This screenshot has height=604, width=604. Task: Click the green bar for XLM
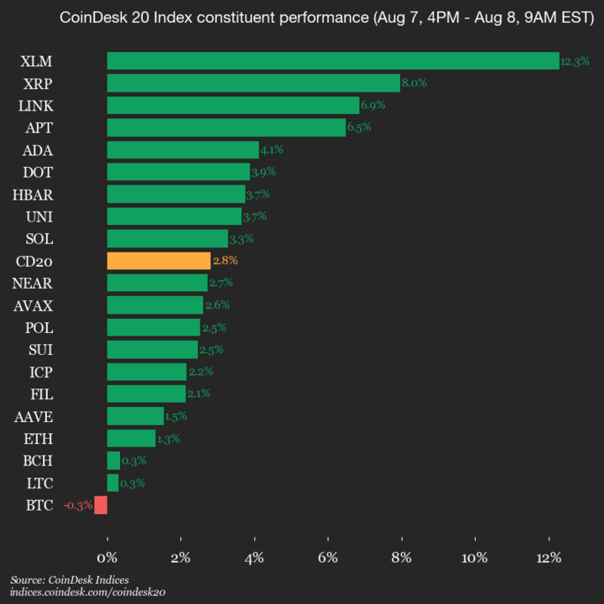[333, 60]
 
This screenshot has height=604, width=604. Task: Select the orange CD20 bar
[159, 261]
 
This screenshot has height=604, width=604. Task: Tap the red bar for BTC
[101, 505]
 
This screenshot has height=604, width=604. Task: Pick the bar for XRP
[253, 83]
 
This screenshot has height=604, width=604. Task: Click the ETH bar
[131, 438]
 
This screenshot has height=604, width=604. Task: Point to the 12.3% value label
[575, 61]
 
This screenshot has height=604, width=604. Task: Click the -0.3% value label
[77, 505]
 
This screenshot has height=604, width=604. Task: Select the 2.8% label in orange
[225, 261]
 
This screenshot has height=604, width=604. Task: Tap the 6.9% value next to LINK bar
[372, 106]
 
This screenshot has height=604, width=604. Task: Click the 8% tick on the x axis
[402, 558]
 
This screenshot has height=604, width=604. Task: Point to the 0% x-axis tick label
[107, 558]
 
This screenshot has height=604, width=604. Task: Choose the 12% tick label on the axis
[549, 558]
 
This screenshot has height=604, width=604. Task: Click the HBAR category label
[33, 195]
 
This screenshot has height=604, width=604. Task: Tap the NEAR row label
[33, 283]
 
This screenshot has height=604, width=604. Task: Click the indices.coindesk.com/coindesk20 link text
[88, 592]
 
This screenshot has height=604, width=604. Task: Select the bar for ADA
[183, 150]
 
